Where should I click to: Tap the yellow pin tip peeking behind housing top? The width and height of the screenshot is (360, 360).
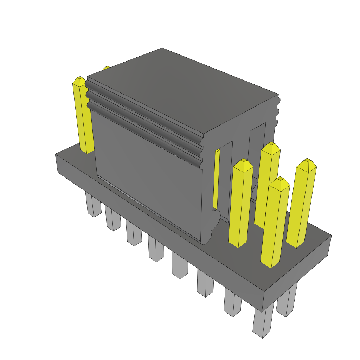pyautogui.click(x=106, y=68)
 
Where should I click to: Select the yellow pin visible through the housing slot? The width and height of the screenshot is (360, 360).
pyautogui.click(x=217, y=179)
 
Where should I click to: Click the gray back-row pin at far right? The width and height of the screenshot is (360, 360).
pyautogui.click(x=287, y=301)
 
